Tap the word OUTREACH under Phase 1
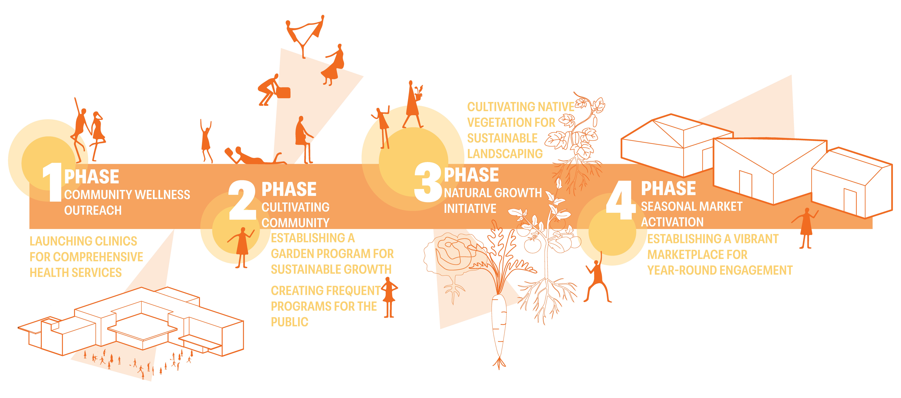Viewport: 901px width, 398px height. [x=93, y=210]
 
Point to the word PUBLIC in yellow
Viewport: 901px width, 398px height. [x=290, y=322]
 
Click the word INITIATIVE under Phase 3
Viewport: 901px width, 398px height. [x=470, y=209]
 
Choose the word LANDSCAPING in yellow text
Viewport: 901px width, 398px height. [x=505, y=154]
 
